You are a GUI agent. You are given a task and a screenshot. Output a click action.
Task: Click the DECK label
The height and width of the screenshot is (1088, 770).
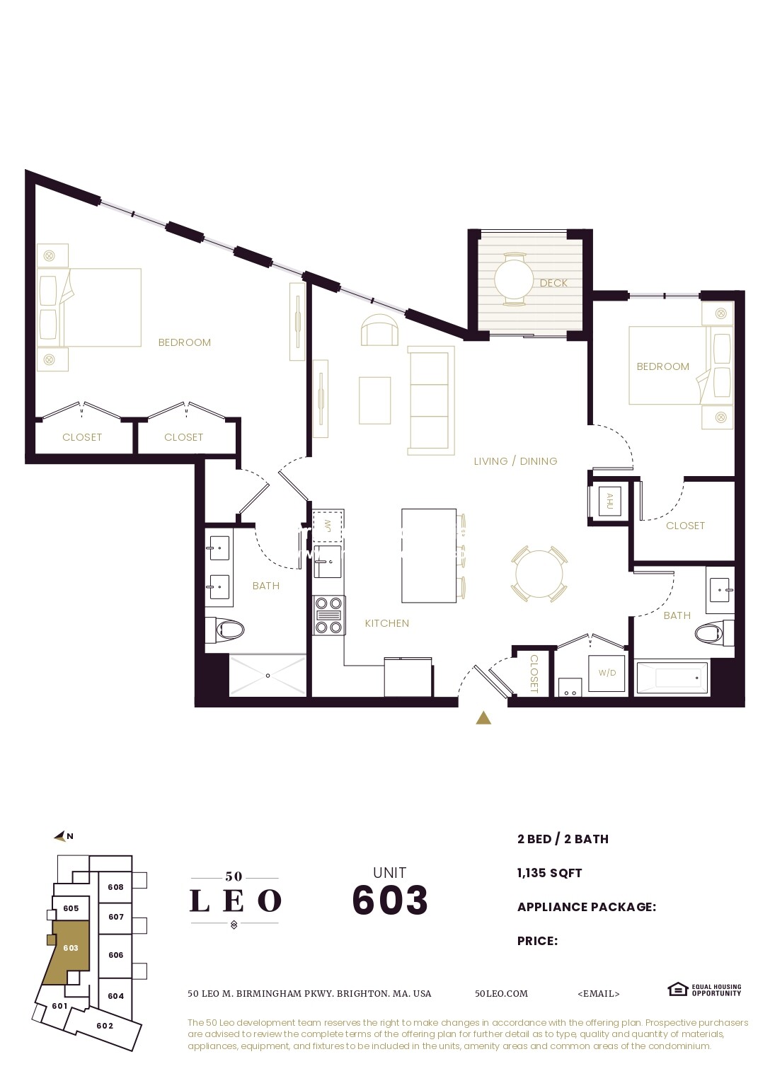coord(553,283)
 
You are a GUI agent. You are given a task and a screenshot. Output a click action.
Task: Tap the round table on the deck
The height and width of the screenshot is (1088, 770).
coord(514,279)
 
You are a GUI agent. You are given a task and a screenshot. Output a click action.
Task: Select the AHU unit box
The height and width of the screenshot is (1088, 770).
coord(609,501)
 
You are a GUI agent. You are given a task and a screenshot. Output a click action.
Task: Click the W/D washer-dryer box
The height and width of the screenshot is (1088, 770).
coord(607,673)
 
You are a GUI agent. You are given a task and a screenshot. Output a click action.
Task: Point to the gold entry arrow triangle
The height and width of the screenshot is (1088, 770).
coord(483,718)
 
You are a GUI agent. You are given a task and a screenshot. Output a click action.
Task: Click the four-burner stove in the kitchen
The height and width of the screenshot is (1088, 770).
coord(329,615)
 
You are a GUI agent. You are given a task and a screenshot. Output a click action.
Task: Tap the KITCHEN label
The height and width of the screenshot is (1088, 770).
coord(387,623)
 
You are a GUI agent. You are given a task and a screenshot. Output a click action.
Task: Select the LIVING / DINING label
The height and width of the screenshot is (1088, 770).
coord(515,461)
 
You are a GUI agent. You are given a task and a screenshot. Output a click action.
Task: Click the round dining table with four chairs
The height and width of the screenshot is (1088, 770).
coord(539,574)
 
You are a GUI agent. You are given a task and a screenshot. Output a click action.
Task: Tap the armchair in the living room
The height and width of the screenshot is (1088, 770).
coord(379,331)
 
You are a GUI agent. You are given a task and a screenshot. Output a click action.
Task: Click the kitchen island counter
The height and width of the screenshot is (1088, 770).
coord(429,555)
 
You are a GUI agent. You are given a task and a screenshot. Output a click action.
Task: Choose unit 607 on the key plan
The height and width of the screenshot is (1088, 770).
coord(116,917)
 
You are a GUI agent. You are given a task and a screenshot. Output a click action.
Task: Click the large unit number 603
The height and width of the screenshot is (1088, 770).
coord(390,900)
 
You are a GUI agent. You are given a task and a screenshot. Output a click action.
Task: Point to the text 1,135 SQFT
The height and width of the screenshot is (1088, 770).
coord(549,873)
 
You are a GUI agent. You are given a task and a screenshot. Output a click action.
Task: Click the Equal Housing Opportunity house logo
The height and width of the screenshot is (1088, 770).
coord(677,989)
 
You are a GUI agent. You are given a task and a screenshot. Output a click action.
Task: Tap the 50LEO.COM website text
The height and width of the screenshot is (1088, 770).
coord(501,993)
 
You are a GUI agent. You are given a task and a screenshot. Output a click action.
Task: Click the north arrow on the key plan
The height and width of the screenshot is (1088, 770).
coord(62,837)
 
